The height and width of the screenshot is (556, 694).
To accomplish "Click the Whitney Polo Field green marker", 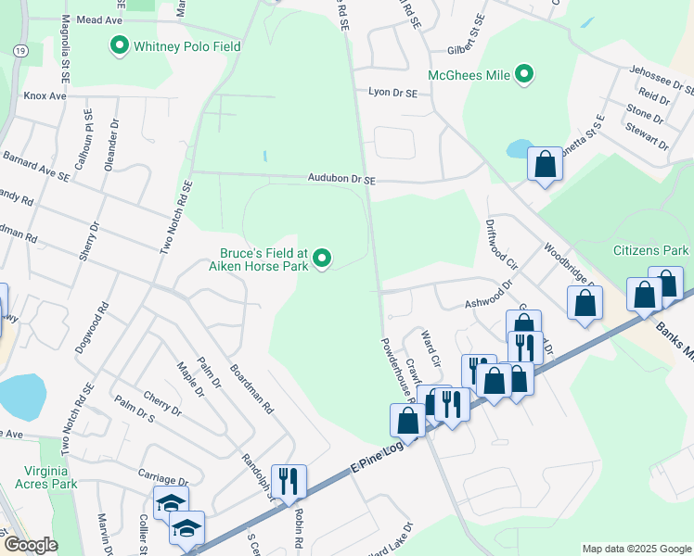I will coord(120,45).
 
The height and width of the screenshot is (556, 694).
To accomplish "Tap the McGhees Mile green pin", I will coord(524,73).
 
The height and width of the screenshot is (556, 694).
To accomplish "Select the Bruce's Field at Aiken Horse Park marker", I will coord(322,259).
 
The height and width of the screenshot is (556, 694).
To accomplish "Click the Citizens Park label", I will coord(650,250).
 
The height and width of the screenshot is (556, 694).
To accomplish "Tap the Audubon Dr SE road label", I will coord(342,178).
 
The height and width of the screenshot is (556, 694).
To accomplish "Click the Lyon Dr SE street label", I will coord(392,93).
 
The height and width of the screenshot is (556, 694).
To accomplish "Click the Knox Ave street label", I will coord(45,95).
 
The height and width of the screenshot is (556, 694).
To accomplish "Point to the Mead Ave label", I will coord(100,19).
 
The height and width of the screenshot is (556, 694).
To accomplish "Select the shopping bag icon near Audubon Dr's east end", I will coord(545,165).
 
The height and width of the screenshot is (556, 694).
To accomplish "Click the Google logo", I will coord(32,546).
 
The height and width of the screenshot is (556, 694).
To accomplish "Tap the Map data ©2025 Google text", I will coord(636,549).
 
